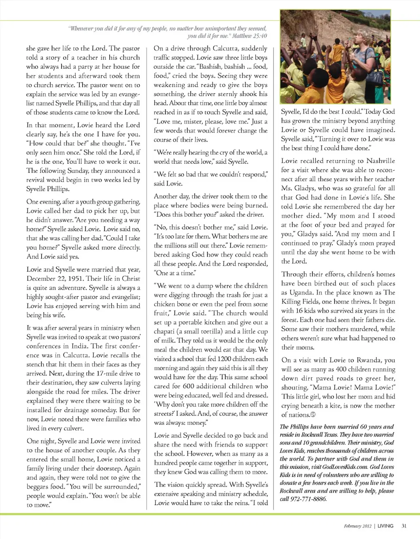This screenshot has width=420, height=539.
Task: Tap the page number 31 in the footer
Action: pos(404,525)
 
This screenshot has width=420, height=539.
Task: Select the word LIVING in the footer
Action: pos(385,525)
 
